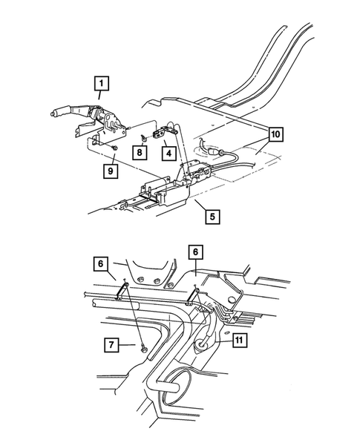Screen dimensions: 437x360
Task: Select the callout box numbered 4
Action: click(x=169, y=154)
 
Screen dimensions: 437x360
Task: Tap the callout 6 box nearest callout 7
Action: click(x=102, y=263)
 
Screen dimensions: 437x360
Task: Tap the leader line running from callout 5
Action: click(x=196, y=207)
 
